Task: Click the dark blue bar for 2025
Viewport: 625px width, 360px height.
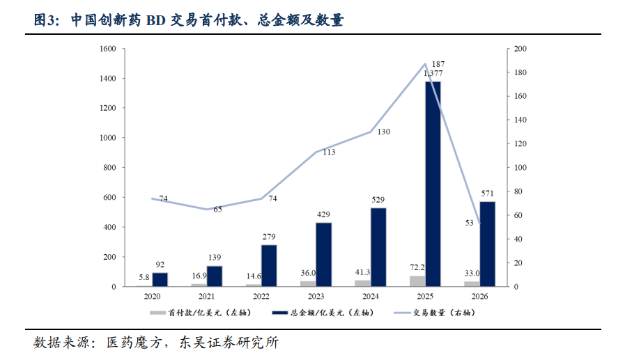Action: click(433, 184)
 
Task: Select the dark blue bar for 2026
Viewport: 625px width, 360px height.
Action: click(487, 244)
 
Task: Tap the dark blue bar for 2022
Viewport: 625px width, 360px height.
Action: click(268, 265)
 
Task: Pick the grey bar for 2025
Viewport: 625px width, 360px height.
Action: click(417, 281)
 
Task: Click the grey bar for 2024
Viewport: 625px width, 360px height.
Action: click(362, 283)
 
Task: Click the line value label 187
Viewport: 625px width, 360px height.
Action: click(438, 64)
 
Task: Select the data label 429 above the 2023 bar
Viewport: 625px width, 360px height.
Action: click(323, 214)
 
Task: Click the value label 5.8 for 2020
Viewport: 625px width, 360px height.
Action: click(144, 278)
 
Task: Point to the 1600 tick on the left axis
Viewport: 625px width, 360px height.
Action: click(107, 49)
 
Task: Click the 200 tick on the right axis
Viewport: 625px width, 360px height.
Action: click(520, 49)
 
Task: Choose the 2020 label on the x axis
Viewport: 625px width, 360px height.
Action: click(152, 296)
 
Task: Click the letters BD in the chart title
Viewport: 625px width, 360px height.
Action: click(157, 21)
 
